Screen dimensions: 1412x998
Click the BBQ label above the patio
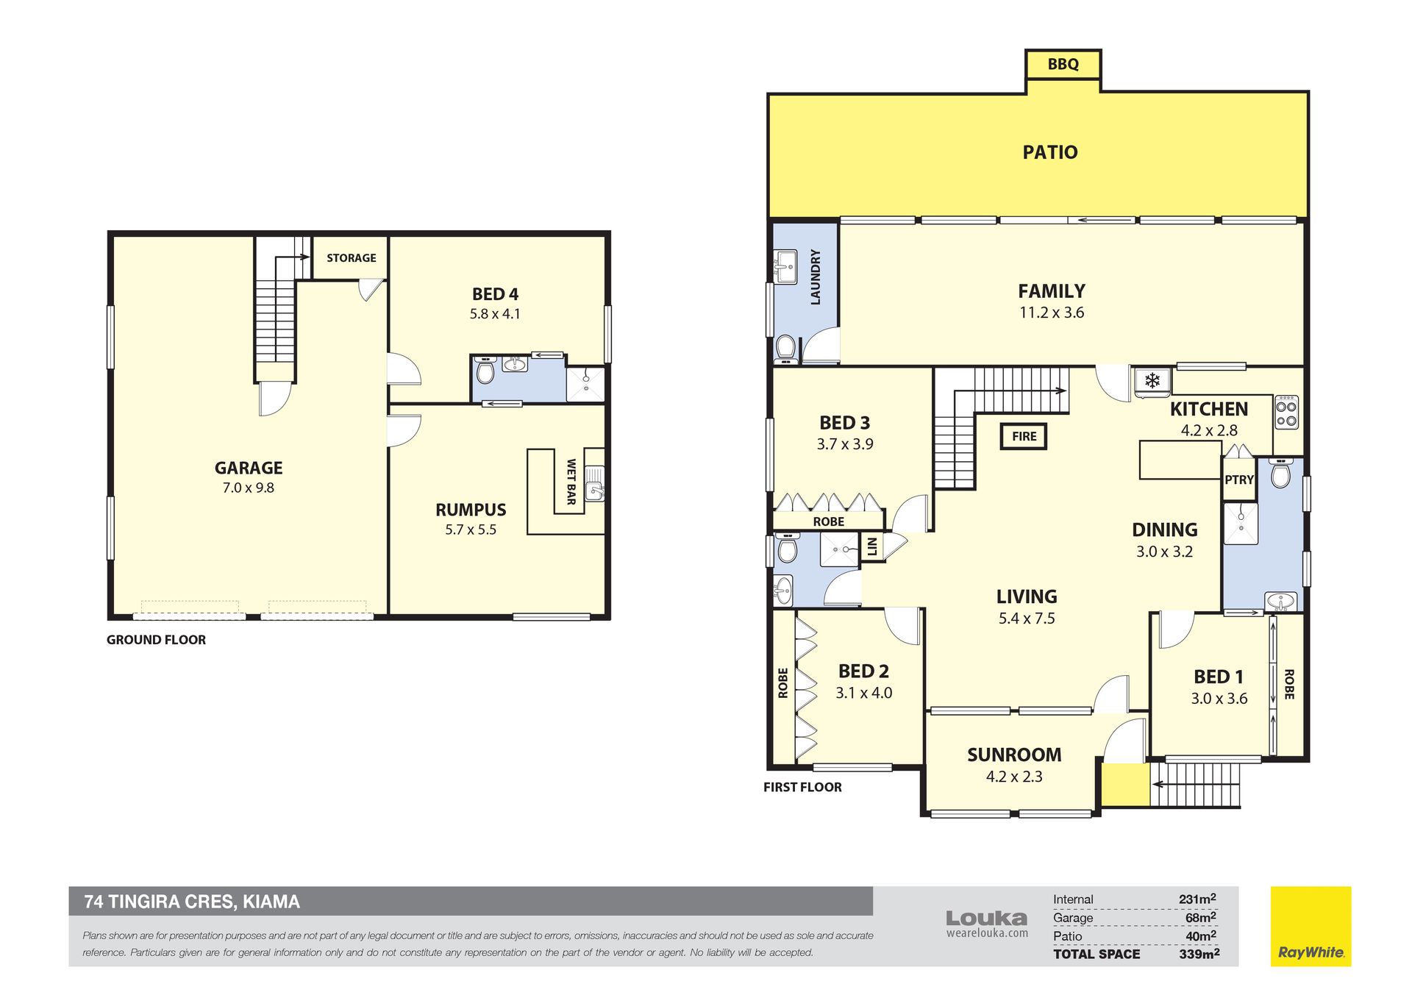[x=1063, y=64]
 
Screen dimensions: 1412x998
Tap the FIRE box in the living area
[x=1024, y=436]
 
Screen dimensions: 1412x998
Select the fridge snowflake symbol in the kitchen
[x=1152, y=381]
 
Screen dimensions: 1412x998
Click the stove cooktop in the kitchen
[x=1286, y=413]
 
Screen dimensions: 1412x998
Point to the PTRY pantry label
[x=1239, y=480]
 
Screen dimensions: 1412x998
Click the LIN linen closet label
[x=873, y=546]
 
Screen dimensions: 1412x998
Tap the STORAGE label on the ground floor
[x=351, y=258]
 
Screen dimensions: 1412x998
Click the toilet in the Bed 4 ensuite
[x=485, y=371]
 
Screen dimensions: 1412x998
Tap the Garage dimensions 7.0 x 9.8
[x=249, y=488]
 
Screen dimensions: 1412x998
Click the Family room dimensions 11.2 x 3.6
[x=1052, y=313]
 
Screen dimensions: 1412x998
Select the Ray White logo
[x=1311, y=927]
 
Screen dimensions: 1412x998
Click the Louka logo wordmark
[x=987, y=919]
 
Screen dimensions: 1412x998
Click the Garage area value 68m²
[x=1200, y=918]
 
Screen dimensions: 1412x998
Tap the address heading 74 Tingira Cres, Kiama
[x=192, y=902]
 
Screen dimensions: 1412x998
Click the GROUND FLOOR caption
[x=156, y=640]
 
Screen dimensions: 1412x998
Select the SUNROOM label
[x=1014, y=755]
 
